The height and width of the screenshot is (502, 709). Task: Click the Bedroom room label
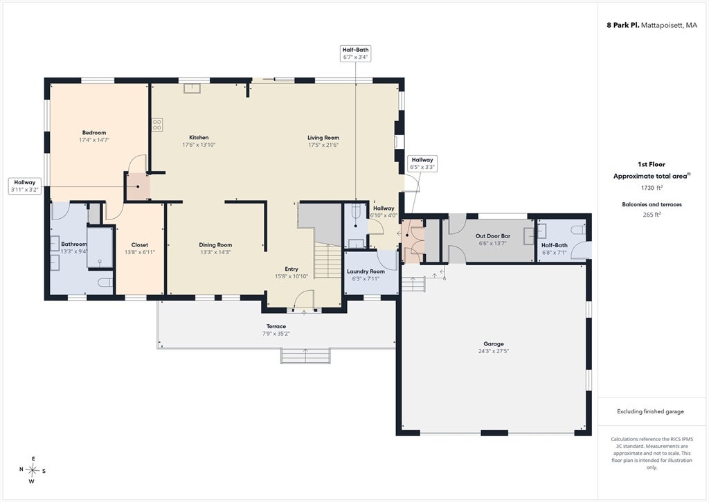(94, 132)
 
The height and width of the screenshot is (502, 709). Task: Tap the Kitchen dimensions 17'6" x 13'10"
(199, 145)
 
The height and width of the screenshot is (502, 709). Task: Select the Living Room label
(323, 138)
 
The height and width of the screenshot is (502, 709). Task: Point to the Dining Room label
(216, 244)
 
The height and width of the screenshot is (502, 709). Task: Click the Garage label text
(493, 343)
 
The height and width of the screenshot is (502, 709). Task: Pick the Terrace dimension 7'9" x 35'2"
(276, 334)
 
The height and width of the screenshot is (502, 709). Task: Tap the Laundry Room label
(366, 271)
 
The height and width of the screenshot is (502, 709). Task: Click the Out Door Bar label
(493, 235)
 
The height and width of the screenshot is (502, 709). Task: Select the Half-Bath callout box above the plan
(355, 53)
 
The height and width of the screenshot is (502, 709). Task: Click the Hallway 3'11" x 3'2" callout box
(25, 186)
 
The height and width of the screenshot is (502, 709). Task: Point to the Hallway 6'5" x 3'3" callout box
(422, 163)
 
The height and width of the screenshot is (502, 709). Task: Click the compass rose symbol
(32, 470)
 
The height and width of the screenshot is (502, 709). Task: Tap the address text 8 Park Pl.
(622, 26)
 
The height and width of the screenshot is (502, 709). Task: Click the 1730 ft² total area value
(652, 187)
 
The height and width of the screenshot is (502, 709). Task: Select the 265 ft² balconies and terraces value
(652, 215)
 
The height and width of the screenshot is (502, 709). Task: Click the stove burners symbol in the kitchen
(157, 125)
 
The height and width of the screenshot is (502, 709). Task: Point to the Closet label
(140, 244)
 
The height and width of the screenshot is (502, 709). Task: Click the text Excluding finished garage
(650, 411)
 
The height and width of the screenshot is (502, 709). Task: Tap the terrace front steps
(305, 355)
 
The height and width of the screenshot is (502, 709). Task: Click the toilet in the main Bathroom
(105, 283)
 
